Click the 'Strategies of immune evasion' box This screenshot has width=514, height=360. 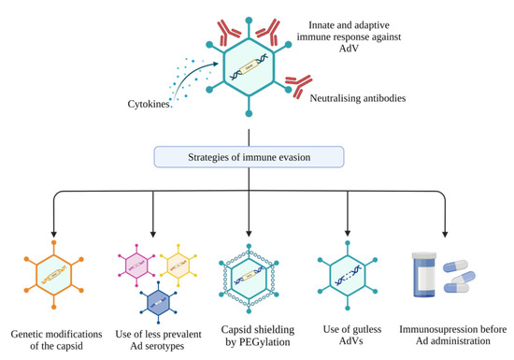click(252, 155)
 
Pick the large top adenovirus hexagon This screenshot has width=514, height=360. click(251, 69)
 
